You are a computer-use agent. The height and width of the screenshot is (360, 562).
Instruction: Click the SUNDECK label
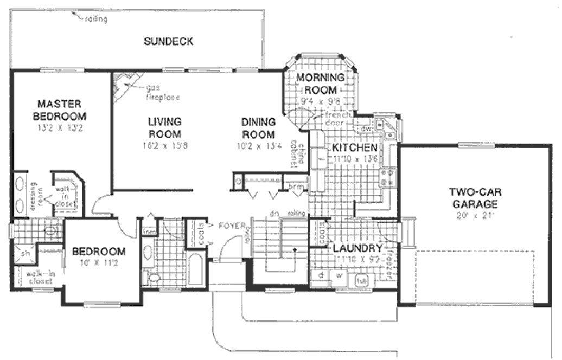click(169, 41)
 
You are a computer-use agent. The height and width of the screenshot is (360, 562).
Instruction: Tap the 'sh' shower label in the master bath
click(24, 253)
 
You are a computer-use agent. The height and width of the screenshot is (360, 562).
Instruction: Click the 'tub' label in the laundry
click(360, 281)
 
